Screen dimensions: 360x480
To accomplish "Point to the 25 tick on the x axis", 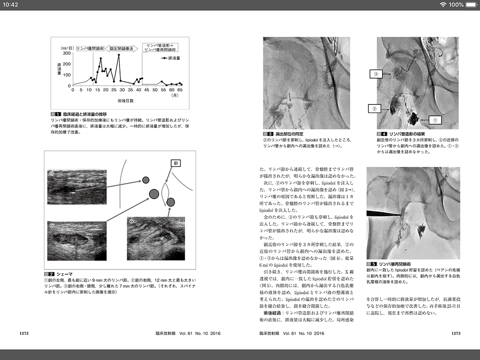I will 113,89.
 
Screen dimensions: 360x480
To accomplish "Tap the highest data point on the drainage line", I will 119,55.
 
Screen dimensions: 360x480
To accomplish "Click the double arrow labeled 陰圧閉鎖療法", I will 121,48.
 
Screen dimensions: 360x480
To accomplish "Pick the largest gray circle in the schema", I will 154,193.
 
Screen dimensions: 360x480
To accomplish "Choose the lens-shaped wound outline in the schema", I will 165,195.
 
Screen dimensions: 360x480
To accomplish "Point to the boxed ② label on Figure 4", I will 374,109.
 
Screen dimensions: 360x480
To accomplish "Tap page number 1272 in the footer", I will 24,333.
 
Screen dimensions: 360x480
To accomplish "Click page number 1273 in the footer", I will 457,333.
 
